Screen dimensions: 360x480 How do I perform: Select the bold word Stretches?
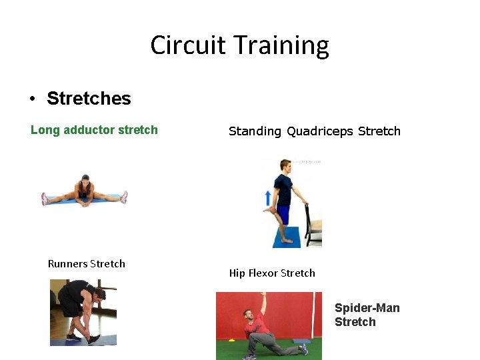click(x=89, y=99)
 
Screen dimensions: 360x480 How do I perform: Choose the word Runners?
click(x=67, y=263)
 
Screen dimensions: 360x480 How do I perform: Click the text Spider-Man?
click(x=367, y=308)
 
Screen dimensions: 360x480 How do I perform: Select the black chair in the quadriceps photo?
click(x=313, y=223)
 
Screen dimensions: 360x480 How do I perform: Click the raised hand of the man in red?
click(x=263, y=295)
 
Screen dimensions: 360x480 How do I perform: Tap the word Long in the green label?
click(x=45, y=130)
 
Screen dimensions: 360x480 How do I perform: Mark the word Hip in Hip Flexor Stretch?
click(x=237, y=273)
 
